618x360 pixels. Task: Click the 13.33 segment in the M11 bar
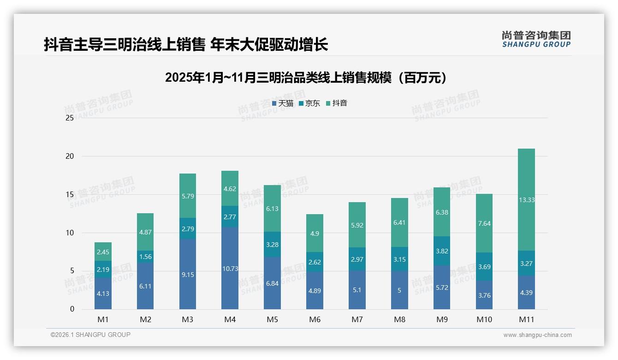526,200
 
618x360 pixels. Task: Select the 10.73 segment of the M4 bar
230,268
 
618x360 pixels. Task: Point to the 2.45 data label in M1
103,252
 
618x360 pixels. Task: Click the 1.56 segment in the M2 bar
145,257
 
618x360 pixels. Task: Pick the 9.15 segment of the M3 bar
187,274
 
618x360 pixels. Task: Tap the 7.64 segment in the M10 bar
484,223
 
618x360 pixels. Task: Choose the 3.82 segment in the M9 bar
441,251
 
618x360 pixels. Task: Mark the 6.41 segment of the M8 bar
399,222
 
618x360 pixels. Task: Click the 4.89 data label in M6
315,291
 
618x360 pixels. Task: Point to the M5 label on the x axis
272,319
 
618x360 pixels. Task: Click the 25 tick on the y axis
70,118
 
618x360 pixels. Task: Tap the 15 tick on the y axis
70,195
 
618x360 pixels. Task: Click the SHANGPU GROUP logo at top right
536,39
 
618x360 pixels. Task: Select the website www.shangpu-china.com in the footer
537,335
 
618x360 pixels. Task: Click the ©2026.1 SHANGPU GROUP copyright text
90,335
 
